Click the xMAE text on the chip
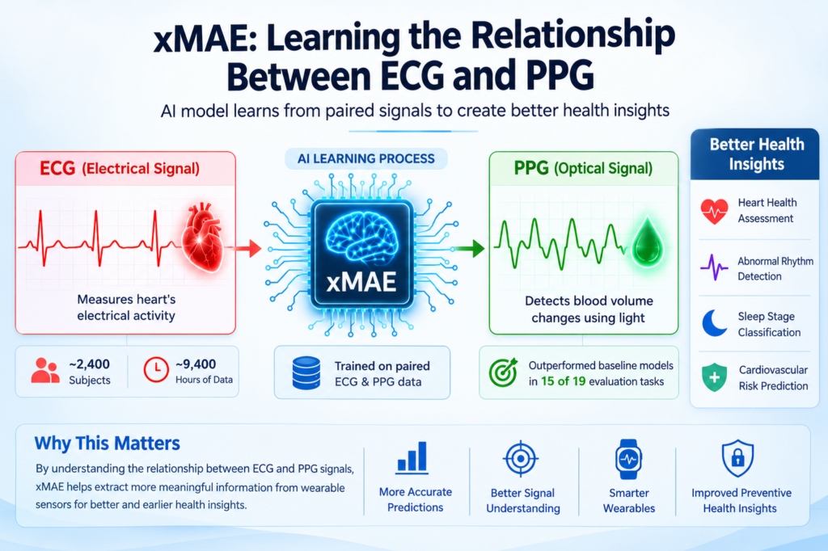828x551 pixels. tap(361, 282)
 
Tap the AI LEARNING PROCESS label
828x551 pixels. tap(366, 159)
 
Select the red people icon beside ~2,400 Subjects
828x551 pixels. tap(45, 371)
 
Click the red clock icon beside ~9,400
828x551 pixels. tap(156, 370)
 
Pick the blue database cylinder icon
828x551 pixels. tap(306, 372)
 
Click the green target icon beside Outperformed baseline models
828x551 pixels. tap(503, 372)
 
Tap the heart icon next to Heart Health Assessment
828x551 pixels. tap(715, 211)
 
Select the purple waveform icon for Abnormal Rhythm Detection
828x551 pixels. tap(714, 267)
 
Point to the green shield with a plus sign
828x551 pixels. tap(715, 377)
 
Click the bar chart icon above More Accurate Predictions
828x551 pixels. tap(412, 458)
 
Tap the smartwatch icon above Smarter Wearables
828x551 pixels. tap(628, 459)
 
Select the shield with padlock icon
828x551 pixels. tap(737, 458)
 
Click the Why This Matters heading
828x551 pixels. tap(108, 444)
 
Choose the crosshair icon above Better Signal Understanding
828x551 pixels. tap(521, 458)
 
